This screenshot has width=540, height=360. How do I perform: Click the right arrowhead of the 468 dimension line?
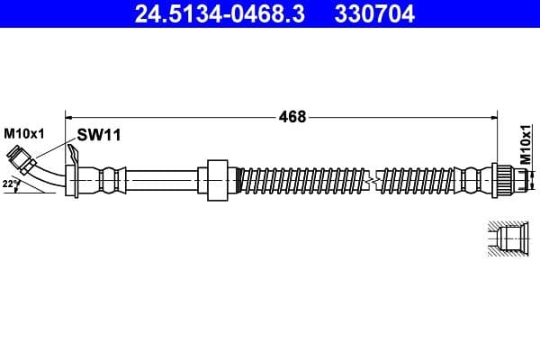point(494,116)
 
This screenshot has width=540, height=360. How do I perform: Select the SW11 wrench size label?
point(98,135)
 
